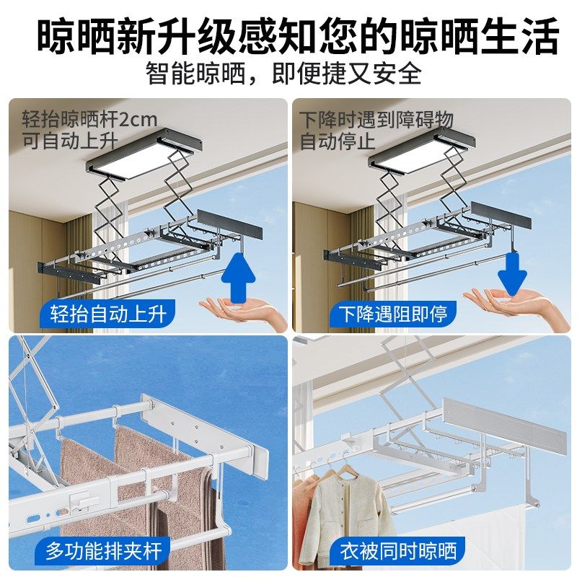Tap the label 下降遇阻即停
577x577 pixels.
click(384, 314)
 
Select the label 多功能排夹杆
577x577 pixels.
click(103, 551)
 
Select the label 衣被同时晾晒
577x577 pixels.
click(398, 551)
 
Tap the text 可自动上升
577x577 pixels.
click(69, 141)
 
